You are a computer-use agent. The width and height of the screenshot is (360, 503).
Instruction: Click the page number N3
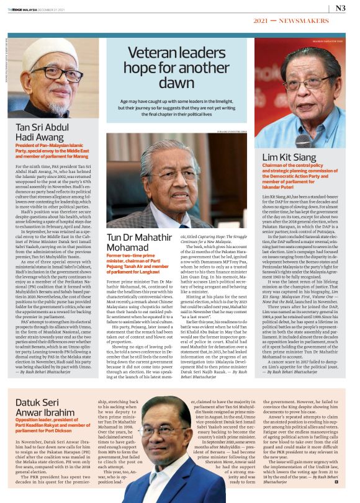click(340, 8)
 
